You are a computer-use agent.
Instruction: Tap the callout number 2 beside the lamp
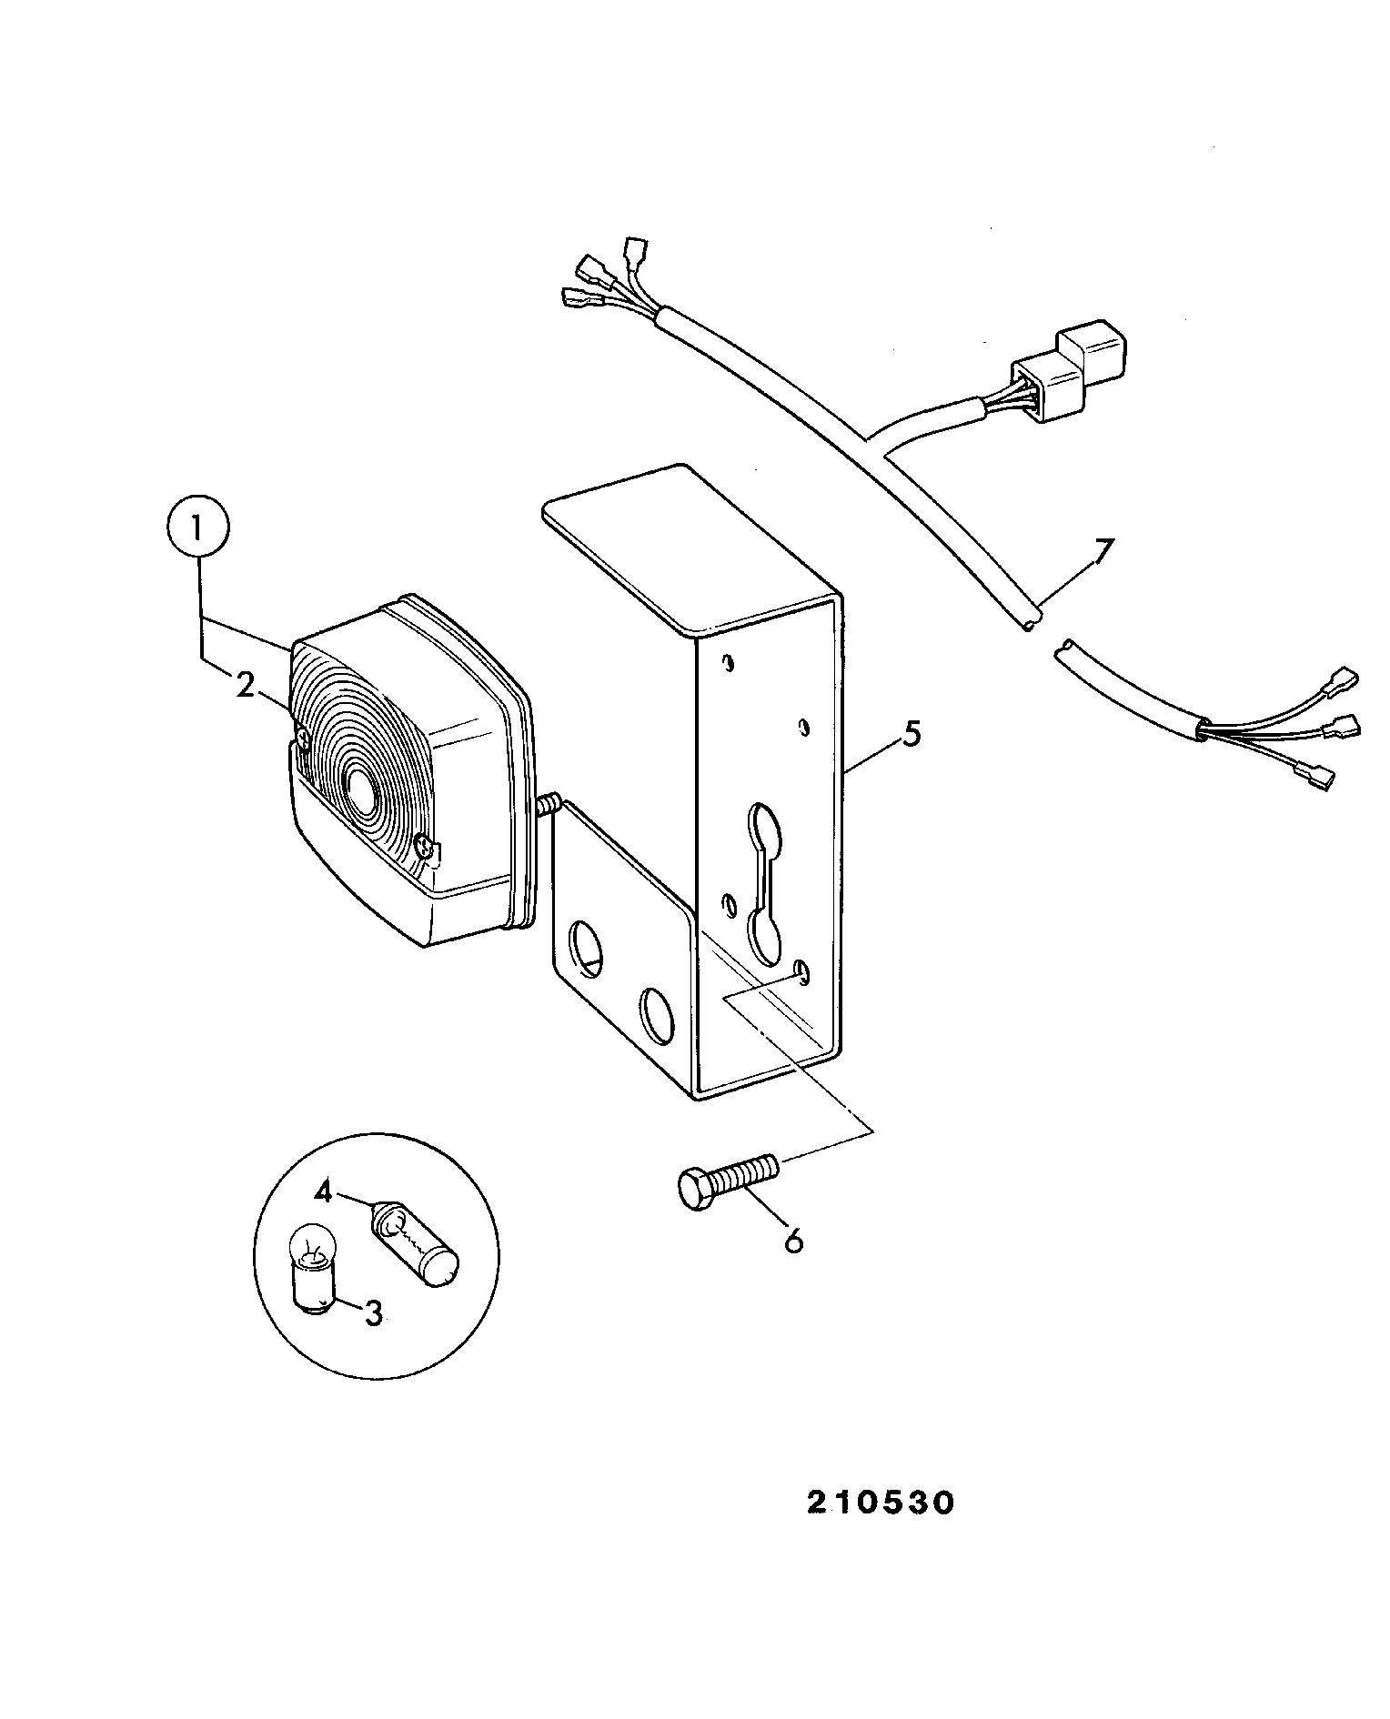(x=245, y=686)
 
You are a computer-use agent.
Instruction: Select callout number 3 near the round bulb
(x=373, y=1313)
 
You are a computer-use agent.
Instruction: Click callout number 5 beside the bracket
(x=912, y=734)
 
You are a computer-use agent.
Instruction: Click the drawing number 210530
(x=881, y=1503)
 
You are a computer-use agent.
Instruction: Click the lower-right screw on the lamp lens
(x=425, y=849)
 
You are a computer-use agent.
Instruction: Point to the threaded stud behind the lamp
(x=549, y=805)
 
